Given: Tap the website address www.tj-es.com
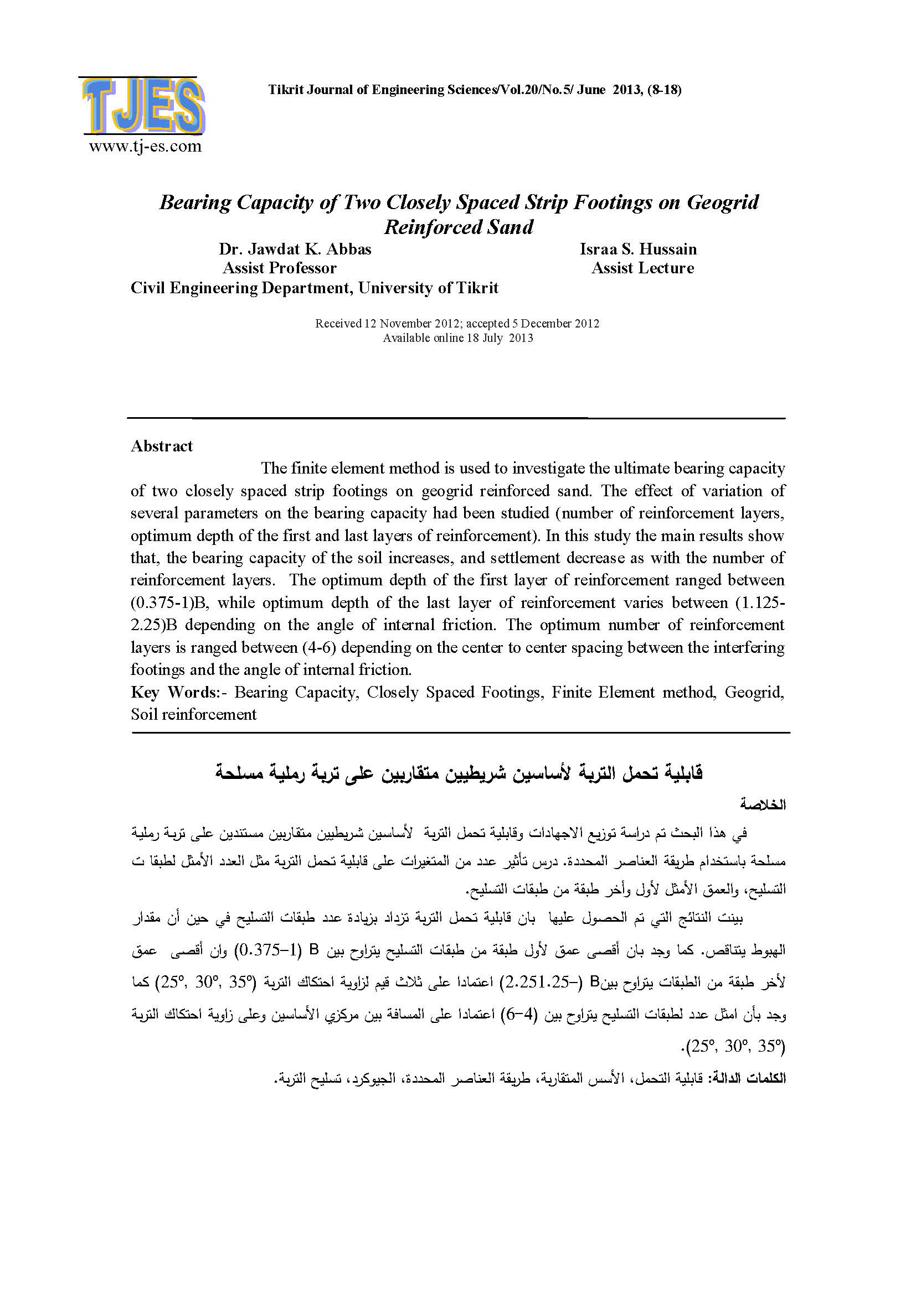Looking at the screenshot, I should coord(145,147).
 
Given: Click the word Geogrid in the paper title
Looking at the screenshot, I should coord(723,202).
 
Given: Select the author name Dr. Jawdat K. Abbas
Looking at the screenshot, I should coord(295,249).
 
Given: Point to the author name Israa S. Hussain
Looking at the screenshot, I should coord(638,249).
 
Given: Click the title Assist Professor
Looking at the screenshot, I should coord(280,268).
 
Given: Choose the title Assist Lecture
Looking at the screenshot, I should coord(642,268).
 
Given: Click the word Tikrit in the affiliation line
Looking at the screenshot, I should coord(477,288).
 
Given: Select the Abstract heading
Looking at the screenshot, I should coord(162,446).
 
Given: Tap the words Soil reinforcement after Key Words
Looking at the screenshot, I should coord(193,715).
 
